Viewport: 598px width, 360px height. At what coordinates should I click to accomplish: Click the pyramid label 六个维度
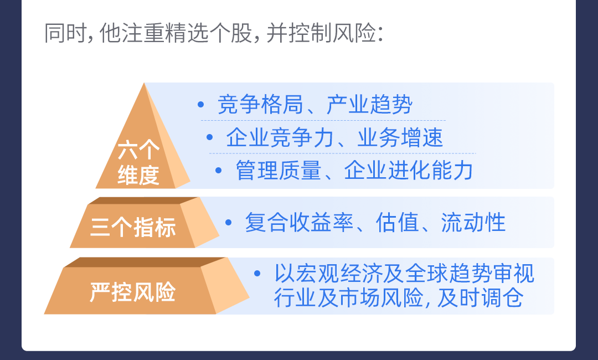pyautogui.click(x=138, y=162)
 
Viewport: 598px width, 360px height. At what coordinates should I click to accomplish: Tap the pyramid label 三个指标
pyautogui.click(x=133, y=227)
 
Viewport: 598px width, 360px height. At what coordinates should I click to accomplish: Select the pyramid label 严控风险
pyautogui.click(x=133, y=292)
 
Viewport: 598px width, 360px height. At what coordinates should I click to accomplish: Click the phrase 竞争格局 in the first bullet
pyautogui.click(x=260, y=105)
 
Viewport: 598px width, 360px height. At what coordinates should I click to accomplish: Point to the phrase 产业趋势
pyautogui.click(x=369, y=105)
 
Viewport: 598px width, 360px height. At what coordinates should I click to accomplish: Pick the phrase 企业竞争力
pyautogui.click(x=280, y=138)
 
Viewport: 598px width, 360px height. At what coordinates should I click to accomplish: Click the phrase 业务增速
pyautogui.click(x=400, y=138)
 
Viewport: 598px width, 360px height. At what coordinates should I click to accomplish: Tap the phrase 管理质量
pyautogui.click(x=279, y=170)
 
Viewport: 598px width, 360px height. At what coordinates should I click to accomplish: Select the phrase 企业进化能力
pyautogui.click(x=409, y=170)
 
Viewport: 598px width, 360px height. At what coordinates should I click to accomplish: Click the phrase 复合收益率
pyautogui.click(x=299, y=222)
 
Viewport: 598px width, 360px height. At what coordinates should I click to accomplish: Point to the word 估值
pyautogui.click(x=398, y=222)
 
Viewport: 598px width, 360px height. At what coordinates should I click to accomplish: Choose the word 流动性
pyautogui.click(x=473, y=222)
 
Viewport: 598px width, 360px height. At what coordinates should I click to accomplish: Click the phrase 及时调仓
pyautogui.click(x=480, y=297)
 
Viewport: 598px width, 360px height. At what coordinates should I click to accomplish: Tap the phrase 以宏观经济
pyautogui.click(x=328, y=274)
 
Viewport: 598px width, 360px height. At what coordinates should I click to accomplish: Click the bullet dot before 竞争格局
pyautogui.click(x=201, y=104)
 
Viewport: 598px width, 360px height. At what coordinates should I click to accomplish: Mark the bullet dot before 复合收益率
pyautogui.click(x=229, y=222)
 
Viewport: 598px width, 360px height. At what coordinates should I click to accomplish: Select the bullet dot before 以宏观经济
pyautogui.click(x=257, y=274)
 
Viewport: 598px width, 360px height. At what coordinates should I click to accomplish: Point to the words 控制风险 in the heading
pyautogui.click(x=332, y=33)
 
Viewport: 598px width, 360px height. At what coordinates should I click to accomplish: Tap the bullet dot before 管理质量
pyautogui.click(x=219, y=170)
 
